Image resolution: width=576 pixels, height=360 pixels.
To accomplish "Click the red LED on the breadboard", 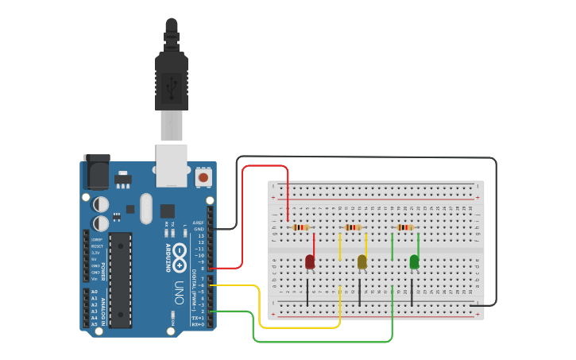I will tap(309, 261).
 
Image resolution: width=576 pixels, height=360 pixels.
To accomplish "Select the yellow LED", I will tap(361, 261).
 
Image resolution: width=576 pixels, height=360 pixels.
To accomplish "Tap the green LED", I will tap(414, 261).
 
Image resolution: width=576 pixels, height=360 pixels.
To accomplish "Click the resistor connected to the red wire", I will tap(300, 227).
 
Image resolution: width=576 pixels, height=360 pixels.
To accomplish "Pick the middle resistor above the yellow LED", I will tap(353, 227).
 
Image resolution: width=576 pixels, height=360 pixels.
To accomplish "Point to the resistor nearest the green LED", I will tap(405, 227).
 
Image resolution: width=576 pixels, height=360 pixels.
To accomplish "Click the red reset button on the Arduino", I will tap(203, 177).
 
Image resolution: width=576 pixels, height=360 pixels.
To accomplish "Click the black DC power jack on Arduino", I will tap(96, 172).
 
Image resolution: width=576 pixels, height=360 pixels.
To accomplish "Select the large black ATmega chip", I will tap(121, 280).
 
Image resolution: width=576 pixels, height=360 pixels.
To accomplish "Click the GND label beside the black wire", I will tap(199, 229).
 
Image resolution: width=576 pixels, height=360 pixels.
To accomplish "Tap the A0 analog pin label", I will tap(95, 292).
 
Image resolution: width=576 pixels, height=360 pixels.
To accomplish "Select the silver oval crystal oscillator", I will tap(145, 208).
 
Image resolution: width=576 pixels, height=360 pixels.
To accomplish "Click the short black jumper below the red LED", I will tap(307, 292).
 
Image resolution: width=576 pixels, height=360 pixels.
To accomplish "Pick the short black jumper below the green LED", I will tap(412, 292).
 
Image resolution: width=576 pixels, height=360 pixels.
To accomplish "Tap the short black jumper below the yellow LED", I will tap(360, 292).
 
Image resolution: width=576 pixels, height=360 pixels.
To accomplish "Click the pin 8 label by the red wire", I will tap(201, 269).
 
